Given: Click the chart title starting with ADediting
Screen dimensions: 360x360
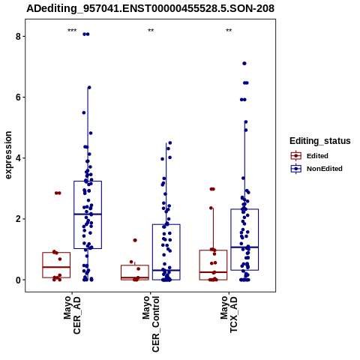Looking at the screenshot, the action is coord(150,8).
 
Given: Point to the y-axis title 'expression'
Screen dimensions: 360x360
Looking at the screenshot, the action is coord(8,155).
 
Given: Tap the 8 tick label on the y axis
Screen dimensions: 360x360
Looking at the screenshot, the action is coord(18,37).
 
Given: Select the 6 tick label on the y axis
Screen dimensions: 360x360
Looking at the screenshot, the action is coord(18,97).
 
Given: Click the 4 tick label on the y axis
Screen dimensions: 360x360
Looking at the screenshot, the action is coord(18,158).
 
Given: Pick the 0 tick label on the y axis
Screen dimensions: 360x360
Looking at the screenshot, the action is coord(18,280).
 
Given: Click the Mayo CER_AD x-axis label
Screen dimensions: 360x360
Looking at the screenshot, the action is coord(72,315).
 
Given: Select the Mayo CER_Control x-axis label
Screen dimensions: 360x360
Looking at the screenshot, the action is coord(151,324).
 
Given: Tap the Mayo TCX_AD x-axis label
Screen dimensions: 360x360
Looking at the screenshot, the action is coord(229,314).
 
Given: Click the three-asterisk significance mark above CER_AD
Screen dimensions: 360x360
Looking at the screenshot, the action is coord(72,31).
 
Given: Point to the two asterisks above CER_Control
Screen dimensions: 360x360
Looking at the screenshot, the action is coord(151,31).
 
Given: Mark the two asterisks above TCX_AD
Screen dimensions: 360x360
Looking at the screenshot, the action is coord(229,31).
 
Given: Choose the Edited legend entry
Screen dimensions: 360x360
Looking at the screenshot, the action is coord(309,156).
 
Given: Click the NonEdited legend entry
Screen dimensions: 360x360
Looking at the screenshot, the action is coord(316,169).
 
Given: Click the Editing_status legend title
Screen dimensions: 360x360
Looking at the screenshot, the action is coord(320,141).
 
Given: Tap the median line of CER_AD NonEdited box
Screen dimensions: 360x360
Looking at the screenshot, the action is coord(88,214).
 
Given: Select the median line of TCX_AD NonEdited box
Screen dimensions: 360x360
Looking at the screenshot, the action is coord(244,247).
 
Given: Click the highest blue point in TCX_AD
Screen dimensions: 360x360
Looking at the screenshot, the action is coord(244,64).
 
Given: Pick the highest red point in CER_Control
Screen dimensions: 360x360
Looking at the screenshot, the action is coord(135,240).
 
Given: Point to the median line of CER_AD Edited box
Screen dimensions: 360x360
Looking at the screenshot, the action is coord(56,267).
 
